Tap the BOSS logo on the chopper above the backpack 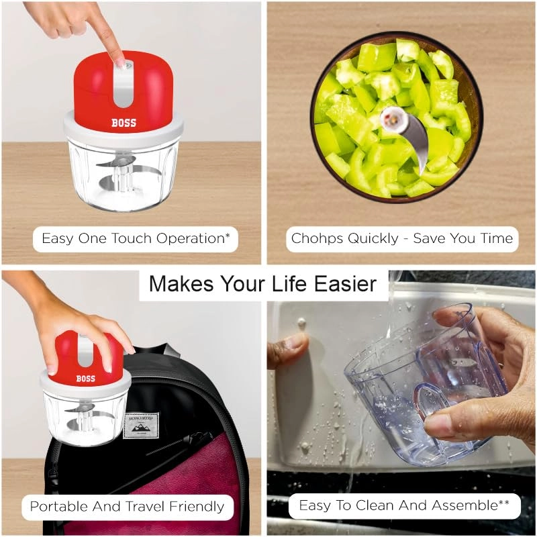point(85,379)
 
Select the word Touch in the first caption point(129,238)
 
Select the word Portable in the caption point(55,505)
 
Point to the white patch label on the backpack point(141,425)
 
